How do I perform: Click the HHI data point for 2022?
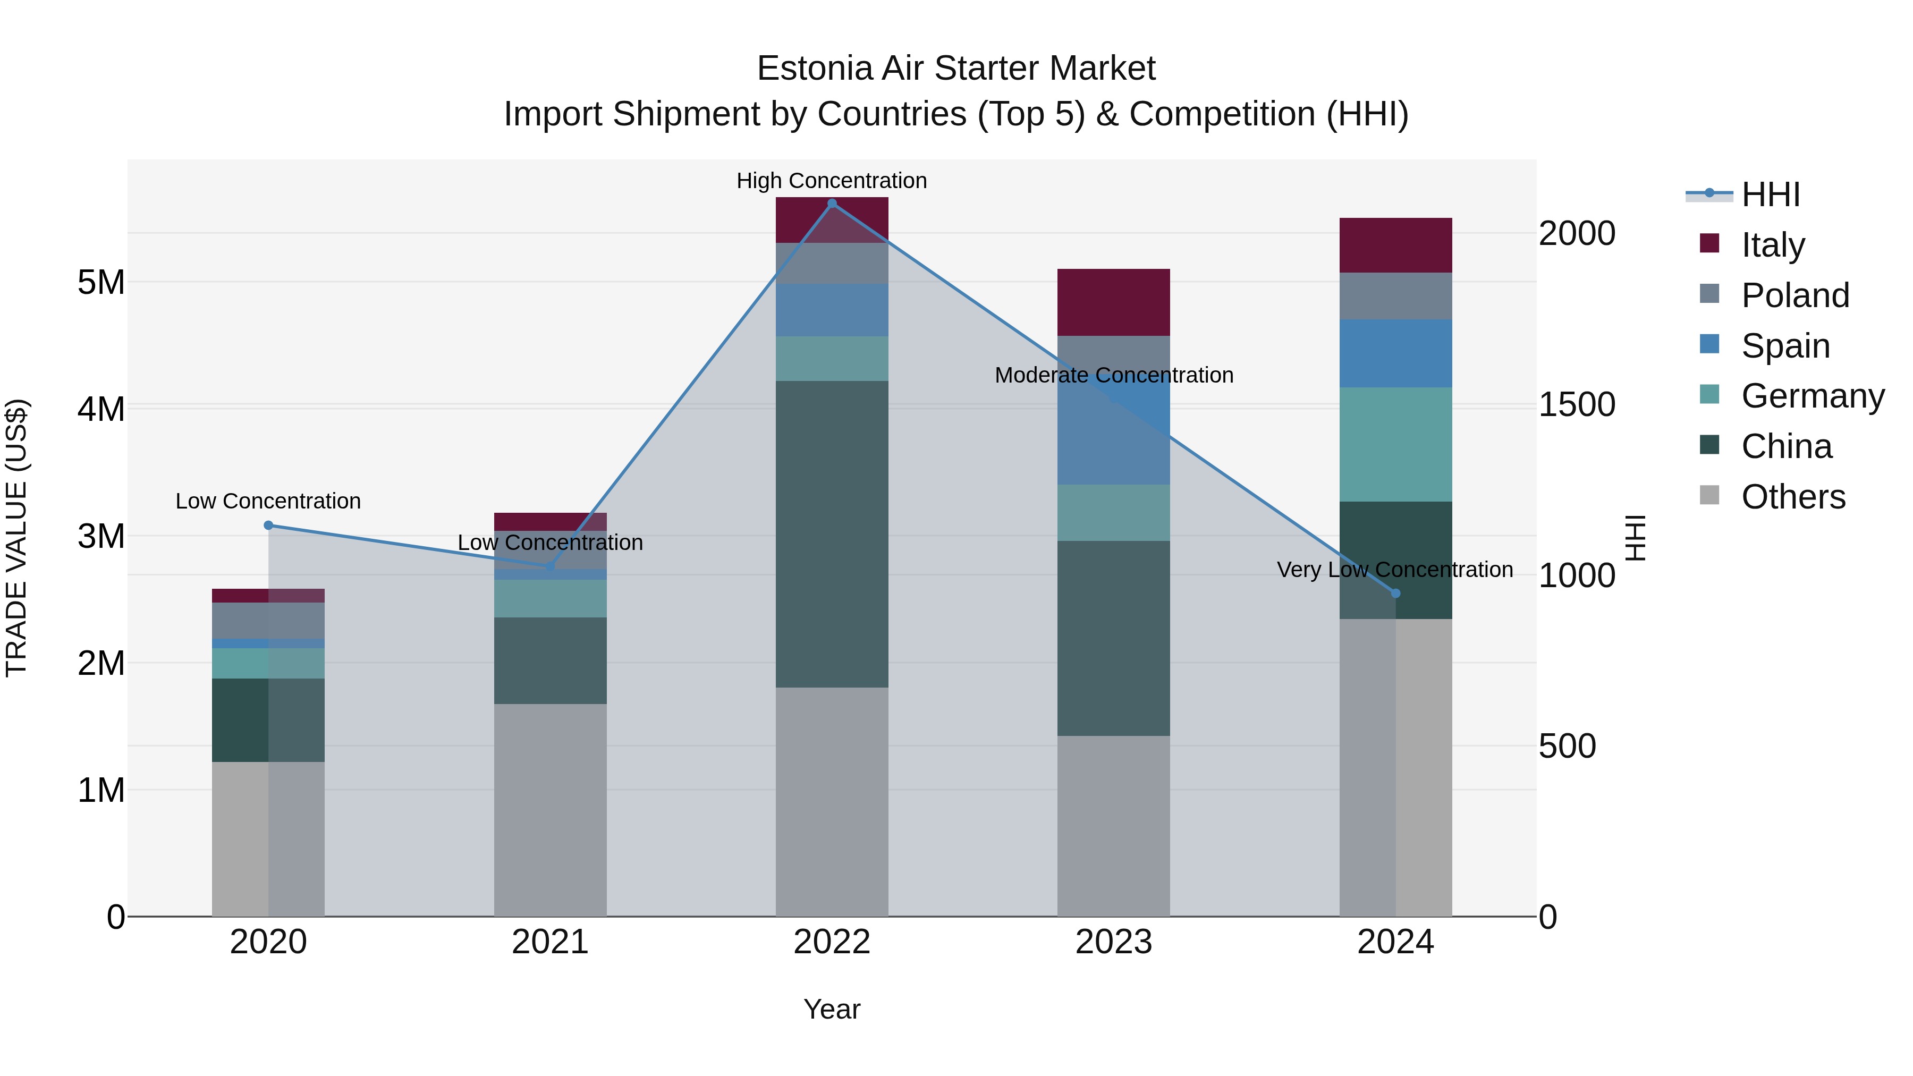(x=832, y=204)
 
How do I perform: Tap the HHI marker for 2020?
(x=269, y=525)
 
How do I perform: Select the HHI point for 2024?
(x=1395, y=594)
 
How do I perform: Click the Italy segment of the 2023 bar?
(x=1113, y=302)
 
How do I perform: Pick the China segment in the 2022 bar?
(x=832, y=534)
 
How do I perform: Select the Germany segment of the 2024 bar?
(x=1395, y=444)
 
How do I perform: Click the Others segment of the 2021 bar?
(x=551, y=809)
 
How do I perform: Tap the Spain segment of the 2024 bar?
(x=1395, y=353)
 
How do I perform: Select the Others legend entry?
(x=1793, y=497)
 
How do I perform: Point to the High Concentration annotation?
(x=832, y=181)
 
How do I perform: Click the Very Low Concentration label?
(x=1395, y=570)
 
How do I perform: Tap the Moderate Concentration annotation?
(x=1114, y=375)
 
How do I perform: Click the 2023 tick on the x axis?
(x=1113, y=942)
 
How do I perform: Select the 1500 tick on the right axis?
(x=1577, y=405)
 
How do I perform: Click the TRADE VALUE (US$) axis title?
(x=16, y=538)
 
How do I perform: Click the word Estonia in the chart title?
(x=814, y=69)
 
